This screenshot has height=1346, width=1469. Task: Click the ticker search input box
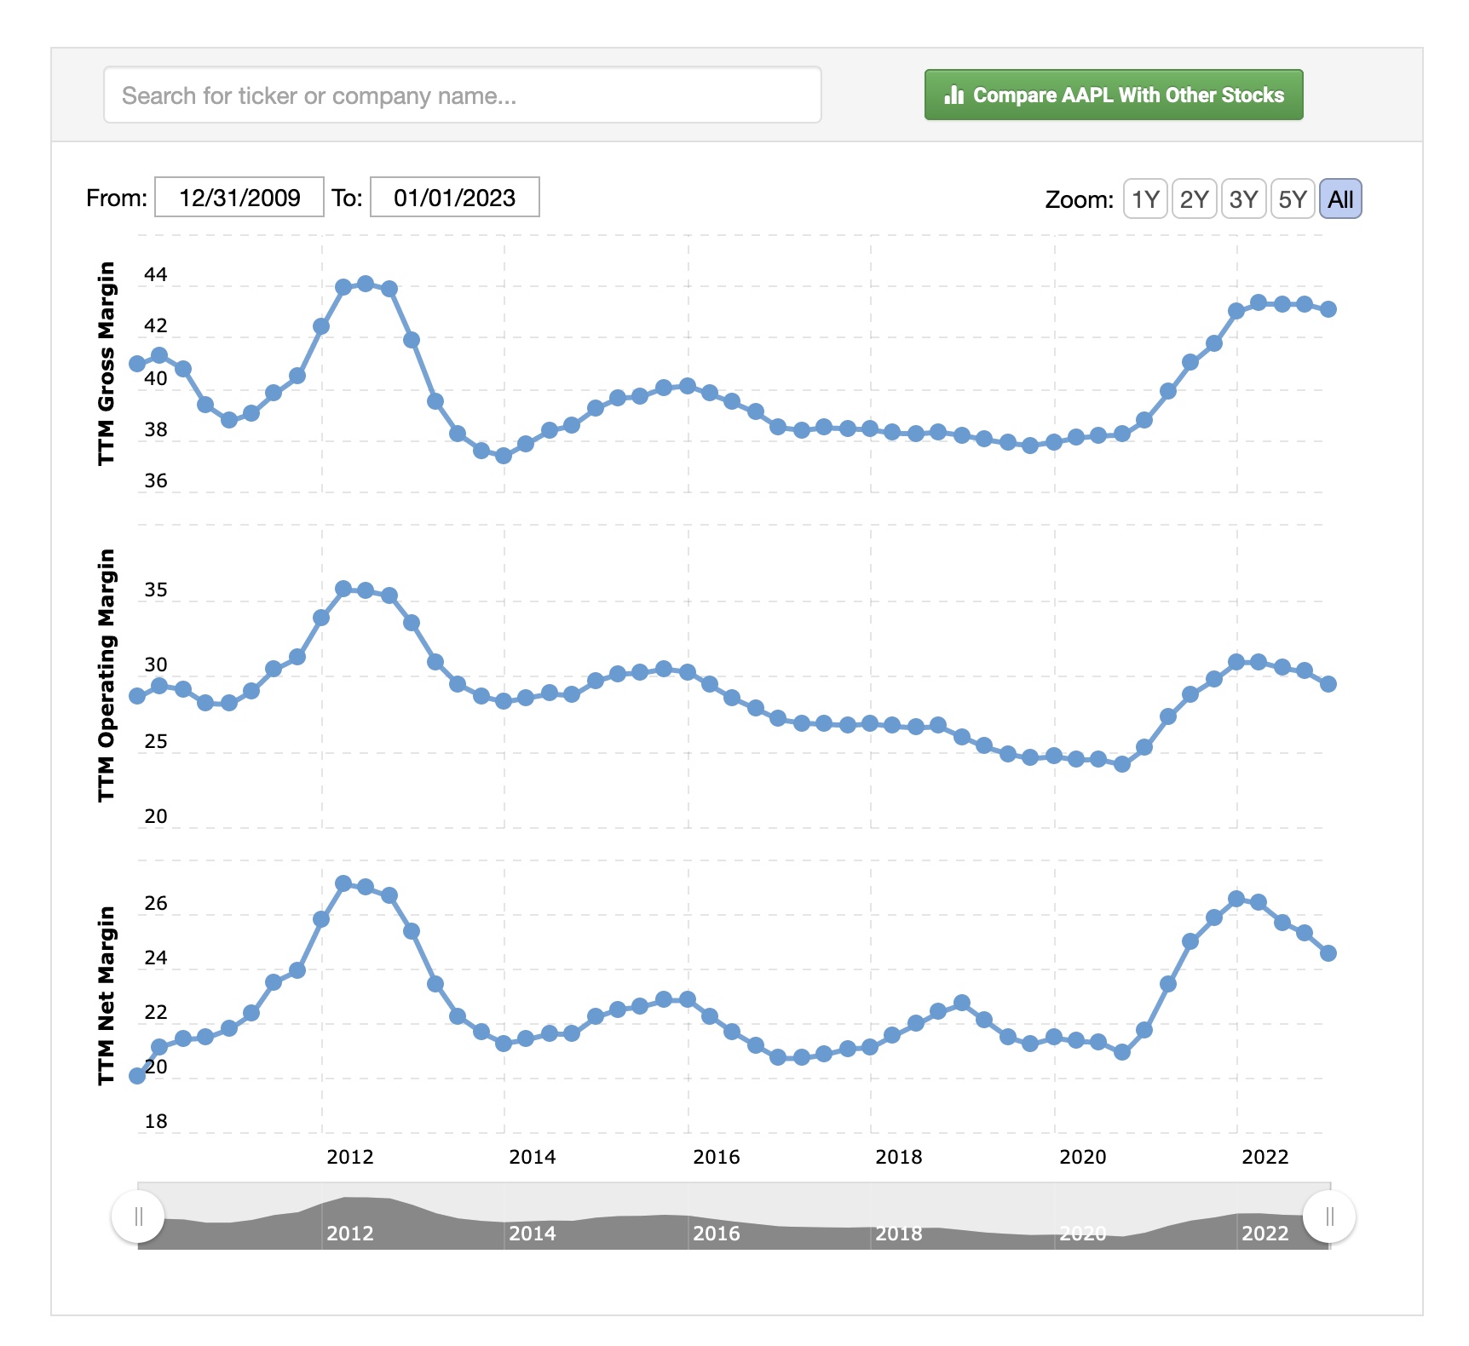click(x=462, y=95)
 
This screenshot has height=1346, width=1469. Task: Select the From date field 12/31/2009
click(x=239, y=198)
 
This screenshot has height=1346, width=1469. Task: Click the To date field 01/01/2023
click(x=454, y=198)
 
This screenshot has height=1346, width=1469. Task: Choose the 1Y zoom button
click(x=1144, y=199)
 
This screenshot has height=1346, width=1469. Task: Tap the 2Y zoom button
click(x=1194, y=199)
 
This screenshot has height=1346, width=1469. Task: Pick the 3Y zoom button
click(x=1243, y=199)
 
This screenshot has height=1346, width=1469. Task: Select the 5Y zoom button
click(x=1292, y=199)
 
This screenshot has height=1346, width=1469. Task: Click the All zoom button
click(x=1340, y=199)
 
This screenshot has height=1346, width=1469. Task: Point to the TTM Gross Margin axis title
click(x=106, y=364)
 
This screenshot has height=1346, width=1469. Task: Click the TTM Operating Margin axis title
click(x=106, y=675)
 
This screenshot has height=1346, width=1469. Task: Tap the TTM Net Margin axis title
click(x=106, y=995)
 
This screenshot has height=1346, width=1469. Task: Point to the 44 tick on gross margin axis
click(x=156, y=275)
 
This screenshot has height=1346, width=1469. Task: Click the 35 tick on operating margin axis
click(x=156, y=590)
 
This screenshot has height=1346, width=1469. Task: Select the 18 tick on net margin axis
click(x=156, y=1121)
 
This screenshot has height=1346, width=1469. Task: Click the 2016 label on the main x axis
click(x=716, y=1157)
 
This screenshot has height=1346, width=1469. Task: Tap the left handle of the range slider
click(x=138, y=1217)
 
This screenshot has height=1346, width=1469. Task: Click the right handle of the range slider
click(x=1329, y=1217)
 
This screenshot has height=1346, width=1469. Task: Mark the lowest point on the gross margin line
click(x=504, y=456)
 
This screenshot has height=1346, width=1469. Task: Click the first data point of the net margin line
click(x=137, y=1076)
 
